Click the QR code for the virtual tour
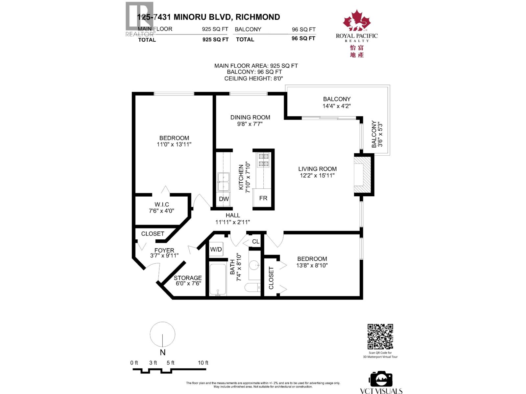tap(380, 337)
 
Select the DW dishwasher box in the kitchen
tap(224, 199)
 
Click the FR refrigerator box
tap(263, 198)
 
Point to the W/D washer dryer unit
tap(216, 250)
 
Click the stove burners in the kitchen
tap(263, 160)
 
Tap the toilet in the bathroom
tap(252, 287)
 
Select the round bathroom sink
tap(254, 265)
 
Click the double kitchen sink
tap(224, 182)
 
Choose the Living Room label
tap(317, 169)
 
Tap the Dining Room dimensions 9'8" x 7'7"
tap(250, 124)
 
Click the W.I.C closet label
tap(162, 205)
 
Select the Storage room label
tap(188, 278)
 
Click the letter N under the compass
tap(162, 352)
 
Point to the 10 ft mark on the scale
tap(203, 363)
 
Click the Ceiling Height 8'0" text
tap(253, 78)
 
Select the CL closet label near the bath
tap(256, 242)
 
